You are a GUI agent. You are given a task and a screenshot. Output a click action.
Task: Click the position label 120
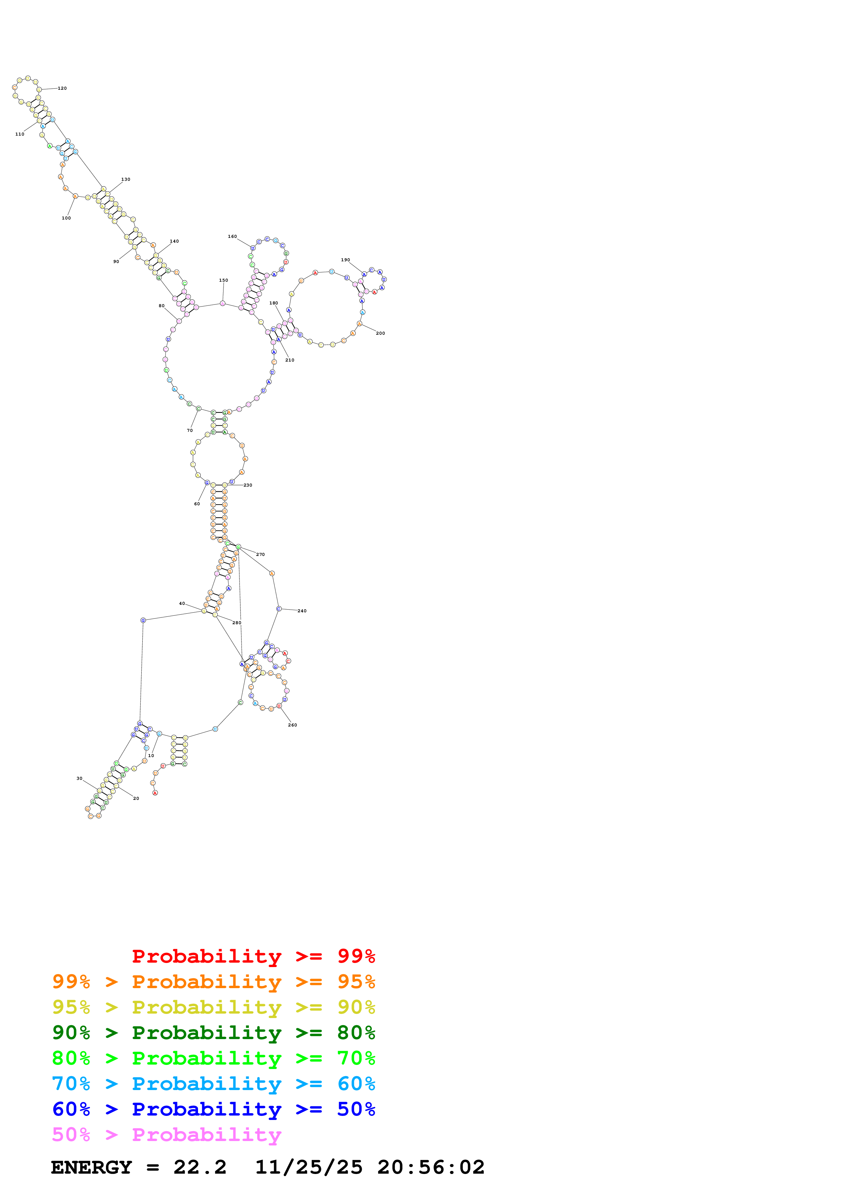pos(62,88)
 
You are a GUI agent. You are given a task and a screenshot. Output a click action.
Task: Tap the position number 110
pos(20,134)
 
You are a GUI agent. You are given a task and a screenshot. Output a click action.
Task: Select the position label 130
pos(126,179)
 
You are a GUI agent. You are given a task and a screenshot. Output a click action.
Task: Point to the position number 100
pos(67,218)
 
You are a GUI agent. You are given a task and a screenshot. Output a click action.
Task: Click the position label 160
pos(232,236)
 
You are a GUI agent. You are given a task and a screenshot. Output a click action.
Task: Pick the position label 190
pos(345,260)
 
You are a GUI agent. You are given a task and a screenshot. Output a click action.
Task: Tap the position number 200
pos(380,333)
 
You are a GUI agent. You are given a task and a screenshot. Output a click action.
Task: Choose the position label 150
pos(223,280)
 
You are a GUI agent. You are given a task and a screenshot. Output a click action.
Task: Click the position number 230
pos(248,485)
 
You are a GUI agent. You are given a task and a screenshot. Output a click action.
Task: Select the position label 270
pos(261,555)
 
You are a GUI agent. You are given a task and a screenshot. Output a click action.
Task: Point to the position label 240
pos(302,611)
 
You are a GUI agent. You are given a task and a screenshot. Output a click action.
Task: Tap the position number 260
pos(292,725)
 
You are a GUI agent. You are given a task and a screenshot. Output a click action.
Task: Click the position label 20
pos(136,799)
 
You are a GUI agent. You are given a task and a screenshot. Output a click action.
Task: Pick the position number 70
pos(190,431)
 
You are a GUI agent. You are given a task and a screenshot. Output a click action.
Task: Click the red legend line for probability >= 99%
pos(253,956)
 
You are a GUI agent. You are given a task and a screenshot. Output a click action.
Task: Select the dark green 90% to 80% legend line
pos(214,1033)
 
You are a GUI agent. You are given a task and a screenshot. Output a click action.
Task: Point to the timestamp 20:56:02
pos(431,1167)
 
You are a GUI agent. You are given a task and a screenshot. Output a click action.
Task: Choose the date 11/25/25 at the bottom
pos(309,1167)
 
